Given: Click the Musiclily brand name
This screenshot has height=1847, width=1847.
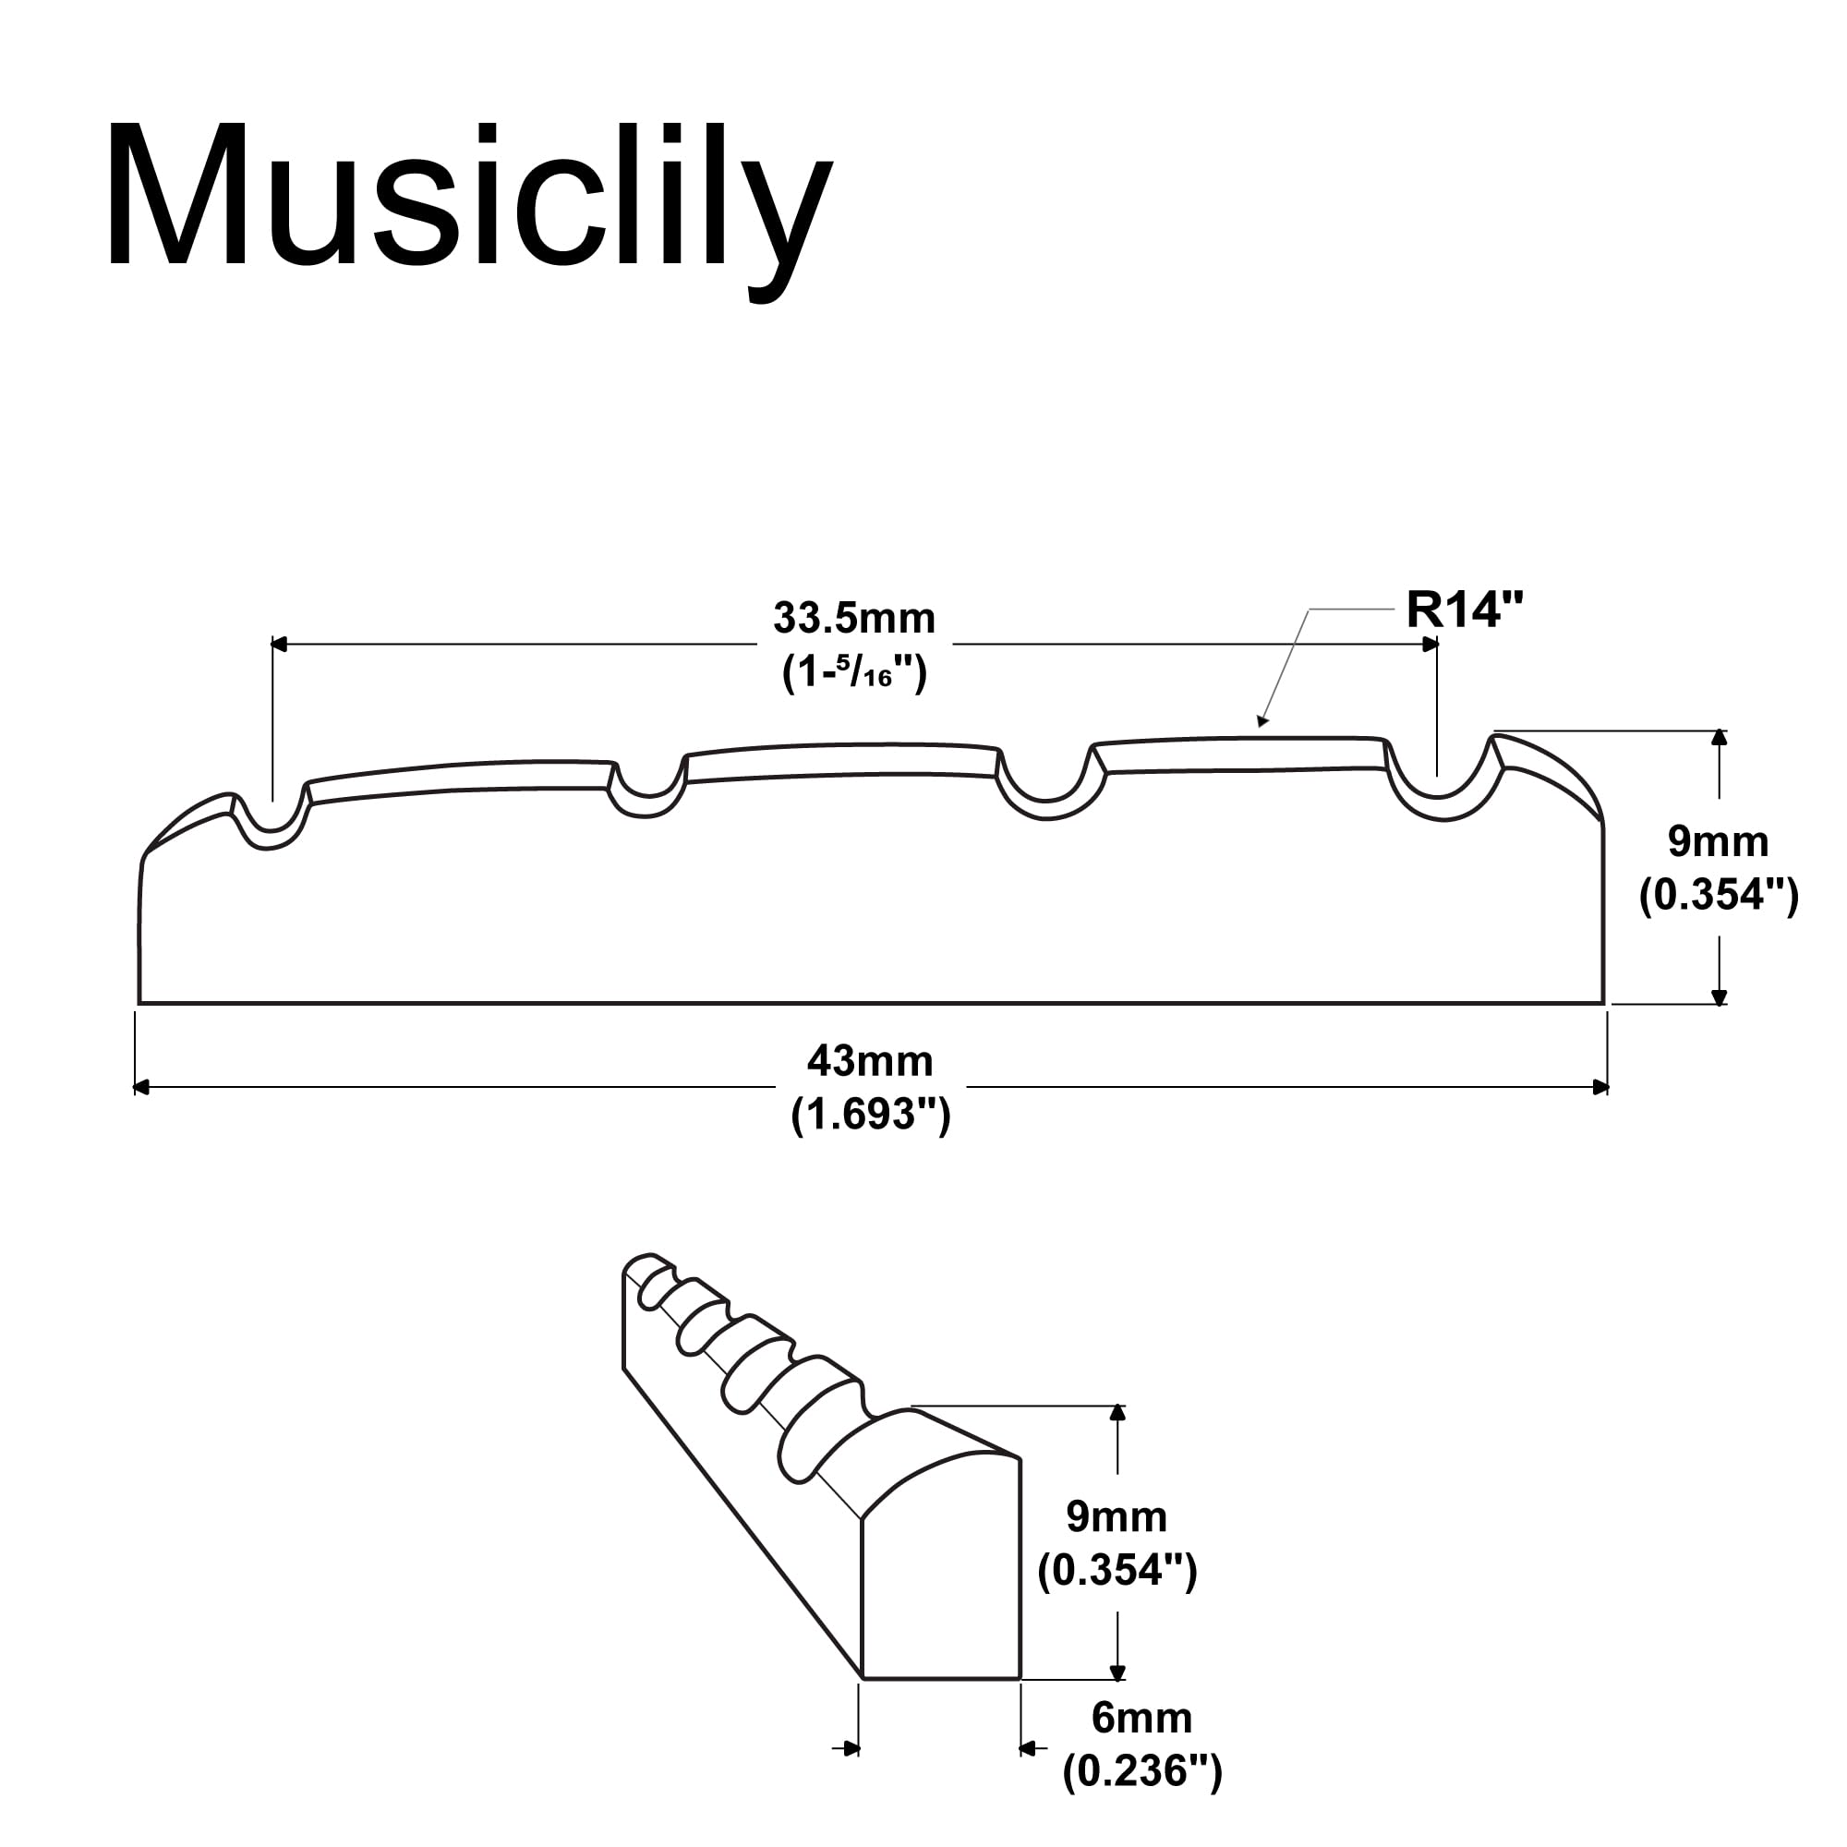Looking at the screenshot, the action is coord(469,207).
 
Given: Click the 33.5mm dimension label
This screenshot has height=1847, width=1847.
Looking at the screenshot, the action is coord(853,618).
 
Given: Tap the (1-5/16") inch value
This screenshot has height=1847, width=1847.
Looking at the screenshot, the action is coord(853,674).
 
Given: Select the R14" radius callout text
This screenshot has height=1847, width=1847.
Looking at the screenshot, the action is coord(1465,609).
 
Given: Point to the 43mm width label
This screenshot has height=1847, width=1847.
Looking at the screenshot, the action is coord(870,1061).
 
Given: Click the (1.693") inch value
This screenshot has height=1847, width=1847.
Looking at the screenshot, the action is coord(870,1115).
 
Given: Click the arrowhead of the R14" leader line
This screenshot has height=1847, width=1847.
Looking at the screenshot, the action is coord(1262,722).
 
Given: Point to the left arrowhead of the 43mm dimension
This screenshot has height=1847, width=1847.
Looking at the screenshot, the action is coord(141,1087).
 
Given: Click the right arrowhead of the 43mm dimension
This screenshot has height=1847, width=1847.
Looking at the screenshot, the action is coord(1600,1087).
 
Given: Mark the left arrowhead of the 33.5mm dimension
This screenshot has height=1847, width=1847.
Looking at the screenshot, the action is coord(279,645).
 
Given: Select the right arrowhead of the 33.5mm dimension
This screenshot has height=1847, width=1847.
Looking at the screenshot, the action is coord(1431,645).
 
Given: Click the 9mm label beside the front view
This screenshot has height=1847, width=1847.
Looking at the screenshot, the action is coord(1717,841).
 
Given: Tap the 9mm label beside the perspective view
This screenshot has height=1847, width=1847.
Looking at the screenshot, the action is coord(1117,1516).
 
